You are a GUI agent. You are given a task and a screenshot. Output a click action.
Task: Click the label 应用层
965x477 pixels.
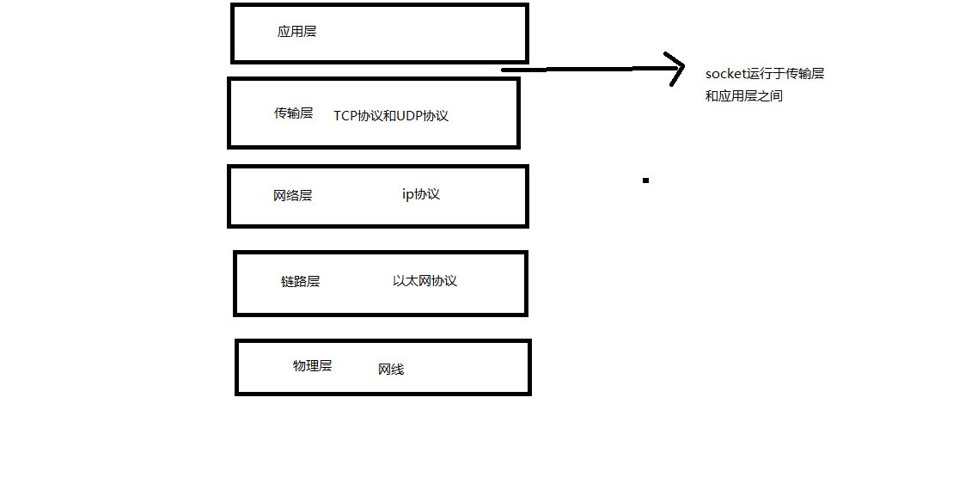click(296, 32)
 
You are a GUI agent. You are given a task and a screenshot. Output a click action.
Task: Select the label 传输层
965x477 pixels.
click(293, 113)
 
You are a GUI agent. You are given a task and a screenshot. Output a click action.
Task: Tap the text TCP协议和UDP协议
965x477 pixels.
click(391, 116)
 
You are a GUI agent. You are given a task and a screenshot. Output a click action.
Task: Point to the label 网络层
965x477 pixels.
click(292, 196)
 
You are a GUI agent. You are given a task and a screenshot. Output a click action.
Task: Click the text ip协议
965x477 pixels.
click(421, 194)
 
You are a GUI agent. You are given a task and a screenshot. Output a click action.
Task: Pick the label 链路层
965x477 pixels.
click(300, 281)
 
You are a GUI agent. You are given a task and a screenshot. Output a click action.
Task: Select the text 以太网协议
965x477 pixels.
click(424, 281)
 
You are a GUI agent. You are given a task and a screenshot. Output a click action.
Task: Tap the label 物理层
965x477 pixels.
click(312, 365)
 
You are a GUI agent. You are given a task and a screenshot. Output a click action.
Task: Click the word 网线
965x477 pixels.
click(391, 370)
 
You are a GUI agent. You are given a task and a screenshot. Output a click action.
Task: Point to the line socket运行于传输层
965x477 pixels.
click(765, 74)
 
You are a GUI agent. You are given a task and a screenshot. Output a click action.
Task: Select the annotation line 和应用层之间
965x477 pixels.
click(744, 96)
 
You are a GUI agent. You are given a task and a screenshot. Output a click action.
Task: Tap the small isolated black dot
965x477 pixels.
click(645, 180)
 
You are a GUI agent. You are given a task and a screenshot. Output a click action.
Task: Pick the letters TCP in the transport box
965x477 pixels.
click(345, 116)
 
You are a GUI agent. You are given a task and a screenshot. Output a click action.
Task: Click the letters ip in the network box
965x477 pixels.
click(407, 194)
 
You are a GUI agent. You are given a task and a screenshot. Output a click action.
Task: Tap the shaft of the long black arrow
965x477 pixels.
click(584, 69)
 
